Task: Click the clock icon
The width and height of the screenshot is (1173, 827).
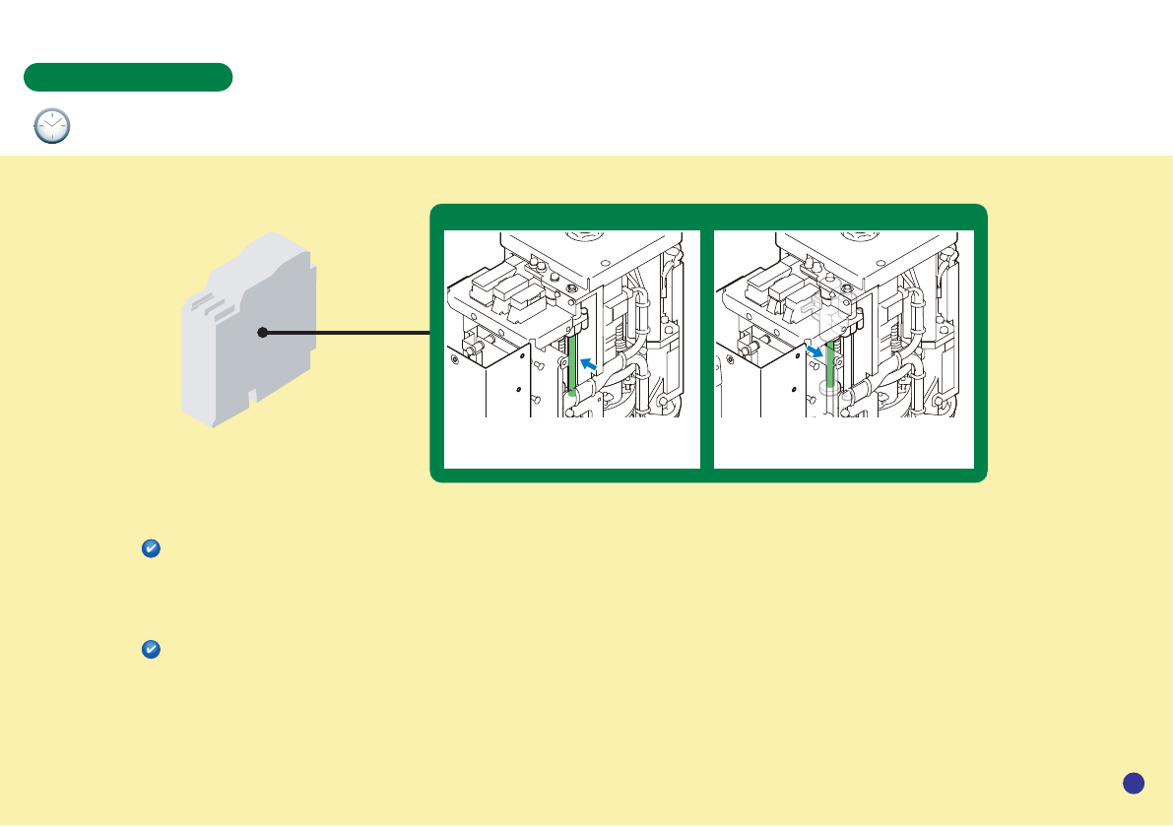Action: pos(52,127)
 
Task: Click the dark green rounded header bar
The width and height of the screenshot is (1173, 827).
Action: pos(128,77)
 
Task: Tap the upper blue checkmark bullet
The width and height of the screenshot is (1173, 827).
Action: pos(152,549)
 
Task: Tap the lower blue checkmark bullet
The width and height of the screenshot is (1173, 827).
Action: pos(152,650)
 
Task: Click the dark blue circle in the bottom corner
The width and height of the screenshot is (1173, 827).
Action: pos(1133,783)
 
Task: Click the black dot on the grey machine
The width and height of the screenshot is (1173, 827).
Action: pos(262,333)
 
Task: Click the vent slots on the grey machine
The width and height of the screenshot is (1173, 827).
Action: pos(211,303)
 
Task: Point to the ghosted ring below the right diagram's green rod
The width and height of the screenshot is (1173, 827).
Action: pos(829,390)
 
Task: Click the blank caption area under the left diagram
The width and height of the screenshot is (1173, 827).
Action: pos(571,443)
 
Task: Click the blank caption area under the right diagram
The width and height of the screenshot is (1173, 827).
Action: pos(843,443)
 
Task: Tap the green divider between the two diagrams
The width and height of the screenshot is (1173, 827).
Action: pos(706,345)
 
